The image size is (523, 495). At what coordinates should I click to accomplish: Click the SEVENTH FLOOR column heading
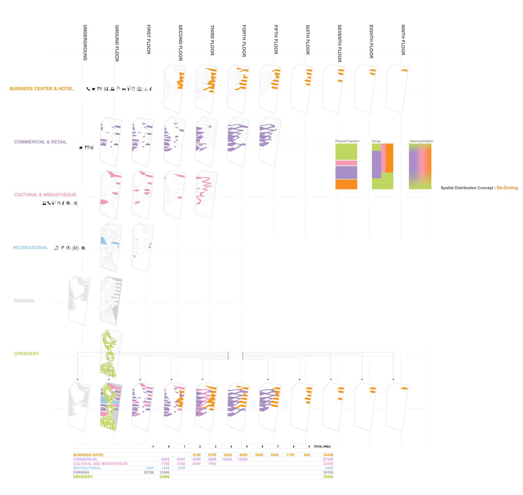click(339, 43)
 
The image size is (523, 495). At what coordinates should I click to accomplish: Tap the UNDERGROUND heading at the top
click(85, 42)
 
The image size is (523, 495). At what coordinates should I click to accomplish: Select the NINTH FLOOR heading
click(403, 40)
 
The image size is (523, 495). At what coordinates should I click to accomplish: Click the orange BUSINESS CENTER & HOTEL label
click(42, 89)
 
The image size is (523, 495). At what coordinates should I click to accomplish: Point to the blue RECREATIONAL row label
click(30, 248)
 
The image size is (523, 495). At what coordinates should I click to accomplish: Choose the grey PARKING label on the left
click(24, 301)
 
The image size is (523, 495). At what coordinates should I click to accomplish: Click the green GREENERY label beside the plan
click(26, 354)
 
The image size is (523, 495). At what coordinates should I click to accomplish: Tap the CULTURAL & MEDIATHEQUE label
click(45, 195)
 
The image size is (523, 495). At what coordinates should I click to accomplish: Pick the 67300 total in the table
click(328, 459)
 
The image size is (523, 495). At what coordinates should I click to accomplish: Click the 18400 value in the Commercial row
click(227, 459)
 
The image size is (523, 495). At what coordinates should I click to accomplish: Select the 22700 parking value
click(149, 472)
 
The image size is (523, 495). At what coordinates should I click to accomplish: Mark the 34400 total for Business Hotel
click(328, 455)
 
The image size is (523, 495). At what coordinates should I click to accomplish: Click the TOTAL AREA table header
click(322, 446)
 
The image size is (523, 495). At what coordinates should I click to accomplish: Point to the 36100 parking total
click(328, 472)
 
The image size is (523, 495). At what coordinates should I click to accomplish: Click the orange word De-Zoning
click(507, 188)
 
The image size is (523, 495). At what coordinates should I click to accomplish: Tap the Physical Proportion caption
click(347, 141)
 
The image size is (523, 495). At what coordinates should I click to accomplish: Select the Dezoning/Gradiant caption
click(421, 141)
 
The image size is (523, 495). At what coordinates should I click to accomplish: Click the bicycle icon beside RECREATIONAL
click(76, 248)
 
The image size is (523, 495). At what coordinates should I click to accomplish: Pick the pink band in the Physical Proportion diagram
click(346, 163)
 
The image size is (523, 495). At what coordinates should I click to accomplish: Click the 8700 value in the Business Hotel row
click(212, 455)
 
